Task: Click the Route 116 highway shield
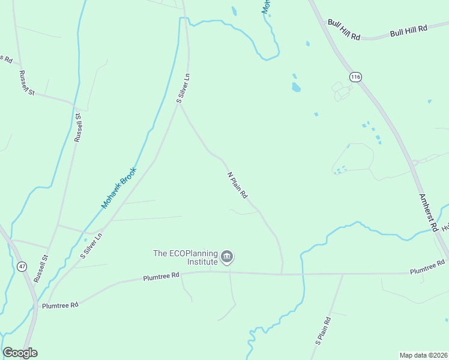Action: (x=356, y=77)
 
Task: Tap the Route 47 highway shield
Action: (x=22, y=266)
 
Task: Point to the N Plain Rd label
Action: (x=238, y=186)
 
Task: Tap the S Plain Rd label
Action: (x=323, y=330)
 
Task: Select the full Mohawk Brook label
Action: (x=119, y=188)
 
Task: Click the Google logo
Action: (x=20, y=353)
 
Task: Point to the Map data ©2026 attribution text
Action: (x=423, y=355)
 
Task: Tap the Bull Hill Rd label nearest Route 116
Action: (x=344, y=29)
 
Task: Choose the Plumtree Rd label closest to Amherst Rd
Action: (x=427, y=267)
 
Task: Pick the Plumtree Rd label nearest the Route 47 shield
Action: (x=60, y=305)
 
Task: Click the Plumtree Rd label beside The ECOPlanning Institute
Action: (x=161, y=277)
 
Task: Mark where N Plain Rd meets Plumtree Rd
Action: (x=282, y=274)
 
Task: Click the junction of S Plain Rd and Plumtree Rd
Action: (x=343, y=275)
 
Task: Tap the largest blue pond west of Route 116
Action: (x=296, y=88)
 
